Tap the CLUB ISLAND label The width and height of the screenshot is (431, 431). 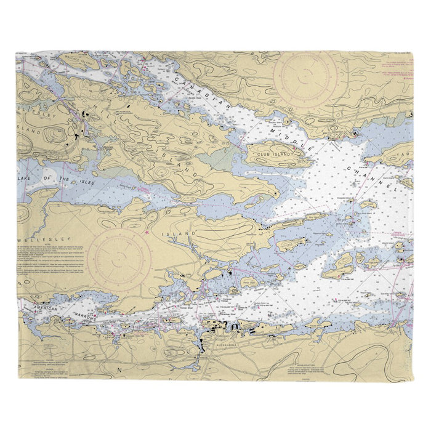(273, 152)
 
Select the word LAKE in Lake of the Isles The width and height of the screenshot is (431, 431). (29, 179)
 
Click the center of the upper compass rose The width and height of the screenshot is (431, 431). (305, 79)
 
